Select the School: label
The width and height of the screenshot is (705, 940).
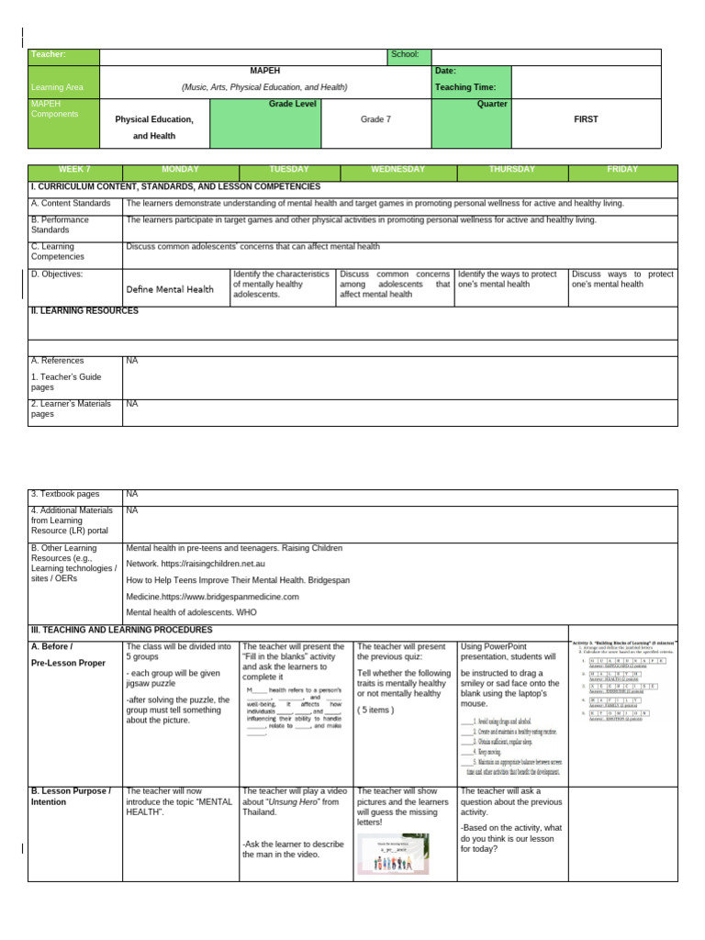click(404, 55)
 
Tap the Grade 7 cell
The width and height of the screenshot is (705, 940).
click(375, 119)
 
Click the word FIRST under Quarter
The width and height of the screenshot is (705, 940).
click(586, 119)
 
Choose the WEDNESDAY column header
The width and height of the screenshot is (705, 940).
click(397, 170)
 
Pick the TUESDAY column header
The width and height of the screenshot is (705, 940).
click(289, 170)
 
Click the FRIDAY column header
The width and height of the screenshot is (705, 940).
click(622, 170)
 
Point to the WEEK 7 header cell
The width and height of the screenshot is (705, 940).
click(75, 170)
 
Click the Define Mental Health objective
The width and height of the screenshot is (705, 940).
click(170, 289)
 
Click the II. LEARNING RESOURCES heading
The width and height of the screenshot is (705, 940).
click(84, 311)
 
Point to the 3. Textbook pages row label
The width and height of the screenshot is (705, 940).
click(66, 494)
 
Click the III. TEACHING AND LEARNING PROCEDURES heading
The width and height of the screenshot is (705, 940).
click(121, 630)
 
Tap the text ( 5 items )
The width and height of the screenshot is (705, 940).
click(377, 710)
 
